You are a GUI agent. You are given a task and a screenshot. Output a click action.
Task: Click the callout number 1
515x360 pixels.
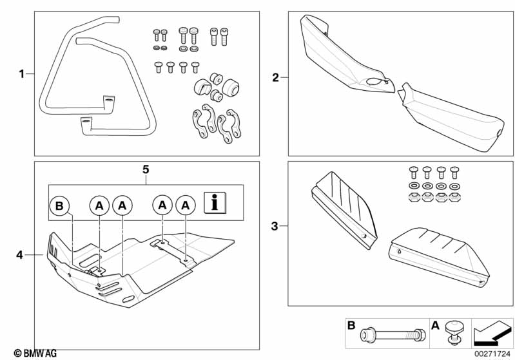pyautogui.click(x=22, y=74)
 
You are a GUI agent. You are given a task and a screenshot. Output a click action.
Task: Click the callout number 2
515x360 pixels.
pyautogui.click(x=276, y=78)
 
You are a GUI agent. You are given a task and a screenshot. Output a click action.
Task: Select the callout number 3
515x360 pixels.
pyautogui.click(x=275, y=226)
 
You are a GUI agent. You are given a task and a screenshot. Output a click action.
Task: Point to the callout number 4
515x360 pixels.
pyautogui.click(x=20, y=254)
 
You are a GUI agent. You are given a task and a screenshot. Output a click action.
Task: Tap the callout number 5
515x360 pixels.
pyautogui.click(x=146, y=169)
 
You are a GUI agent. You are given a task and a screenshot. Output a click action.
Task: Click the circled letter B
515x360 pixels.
pyautogui.click(x=59, y=206)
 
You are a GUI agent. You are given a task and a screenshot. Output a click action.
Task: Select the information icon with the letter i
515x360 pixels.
pyautogui.click(x=215, y=203)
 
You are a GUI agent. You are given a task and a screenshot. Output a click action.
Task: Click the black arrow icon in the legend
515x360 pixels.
pyautogui.click(x=492, y=334)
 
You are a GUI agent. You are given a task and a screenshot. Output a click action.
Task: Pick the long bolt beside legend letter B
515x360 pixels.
pyautogui.click(x=393, y=335)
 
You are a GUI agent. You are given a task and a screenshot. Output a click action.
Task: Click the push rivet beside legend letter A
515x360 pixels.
pyautogui.click(x=454, y=333)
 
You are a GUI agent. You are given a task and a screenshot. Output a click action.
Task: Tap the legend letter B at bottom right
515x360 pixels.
pyautogui.click(x=351, y=325)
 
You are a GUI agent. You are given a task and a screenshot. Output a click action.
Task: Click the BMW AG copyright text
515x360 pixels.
pyautogui.click(x=35, y=354)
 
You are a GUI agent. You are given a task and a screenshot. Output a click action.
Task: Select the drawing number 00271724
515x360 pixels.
pyautogui.click(x=492, y=354)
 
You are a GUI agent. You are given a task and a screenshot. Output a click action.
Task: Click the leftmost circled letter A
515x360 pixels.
pyautogui.click(x=99, y=206)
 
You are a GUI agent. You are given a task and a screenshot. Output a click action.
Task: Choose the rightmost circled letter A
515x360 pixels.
pyautogui.click(x=186, y=206)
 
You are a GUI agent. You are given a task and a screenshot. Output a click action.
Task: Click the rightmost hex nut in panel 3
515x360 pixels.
pyautogui.click(x=454, y=197)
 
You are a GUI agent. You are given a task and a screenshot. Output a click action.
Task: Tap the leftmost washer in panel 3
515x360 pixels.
pyautogui.click(x=414, y=186)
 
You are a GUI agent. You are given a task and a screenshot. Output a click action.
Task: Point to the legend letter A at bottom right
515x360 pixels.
pyautogui.click(x=435, y=325)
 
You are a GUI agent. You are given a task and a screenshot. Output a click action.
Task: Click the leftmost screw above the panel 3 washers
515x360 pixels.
pyautogui.click(x=414, y=173)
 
